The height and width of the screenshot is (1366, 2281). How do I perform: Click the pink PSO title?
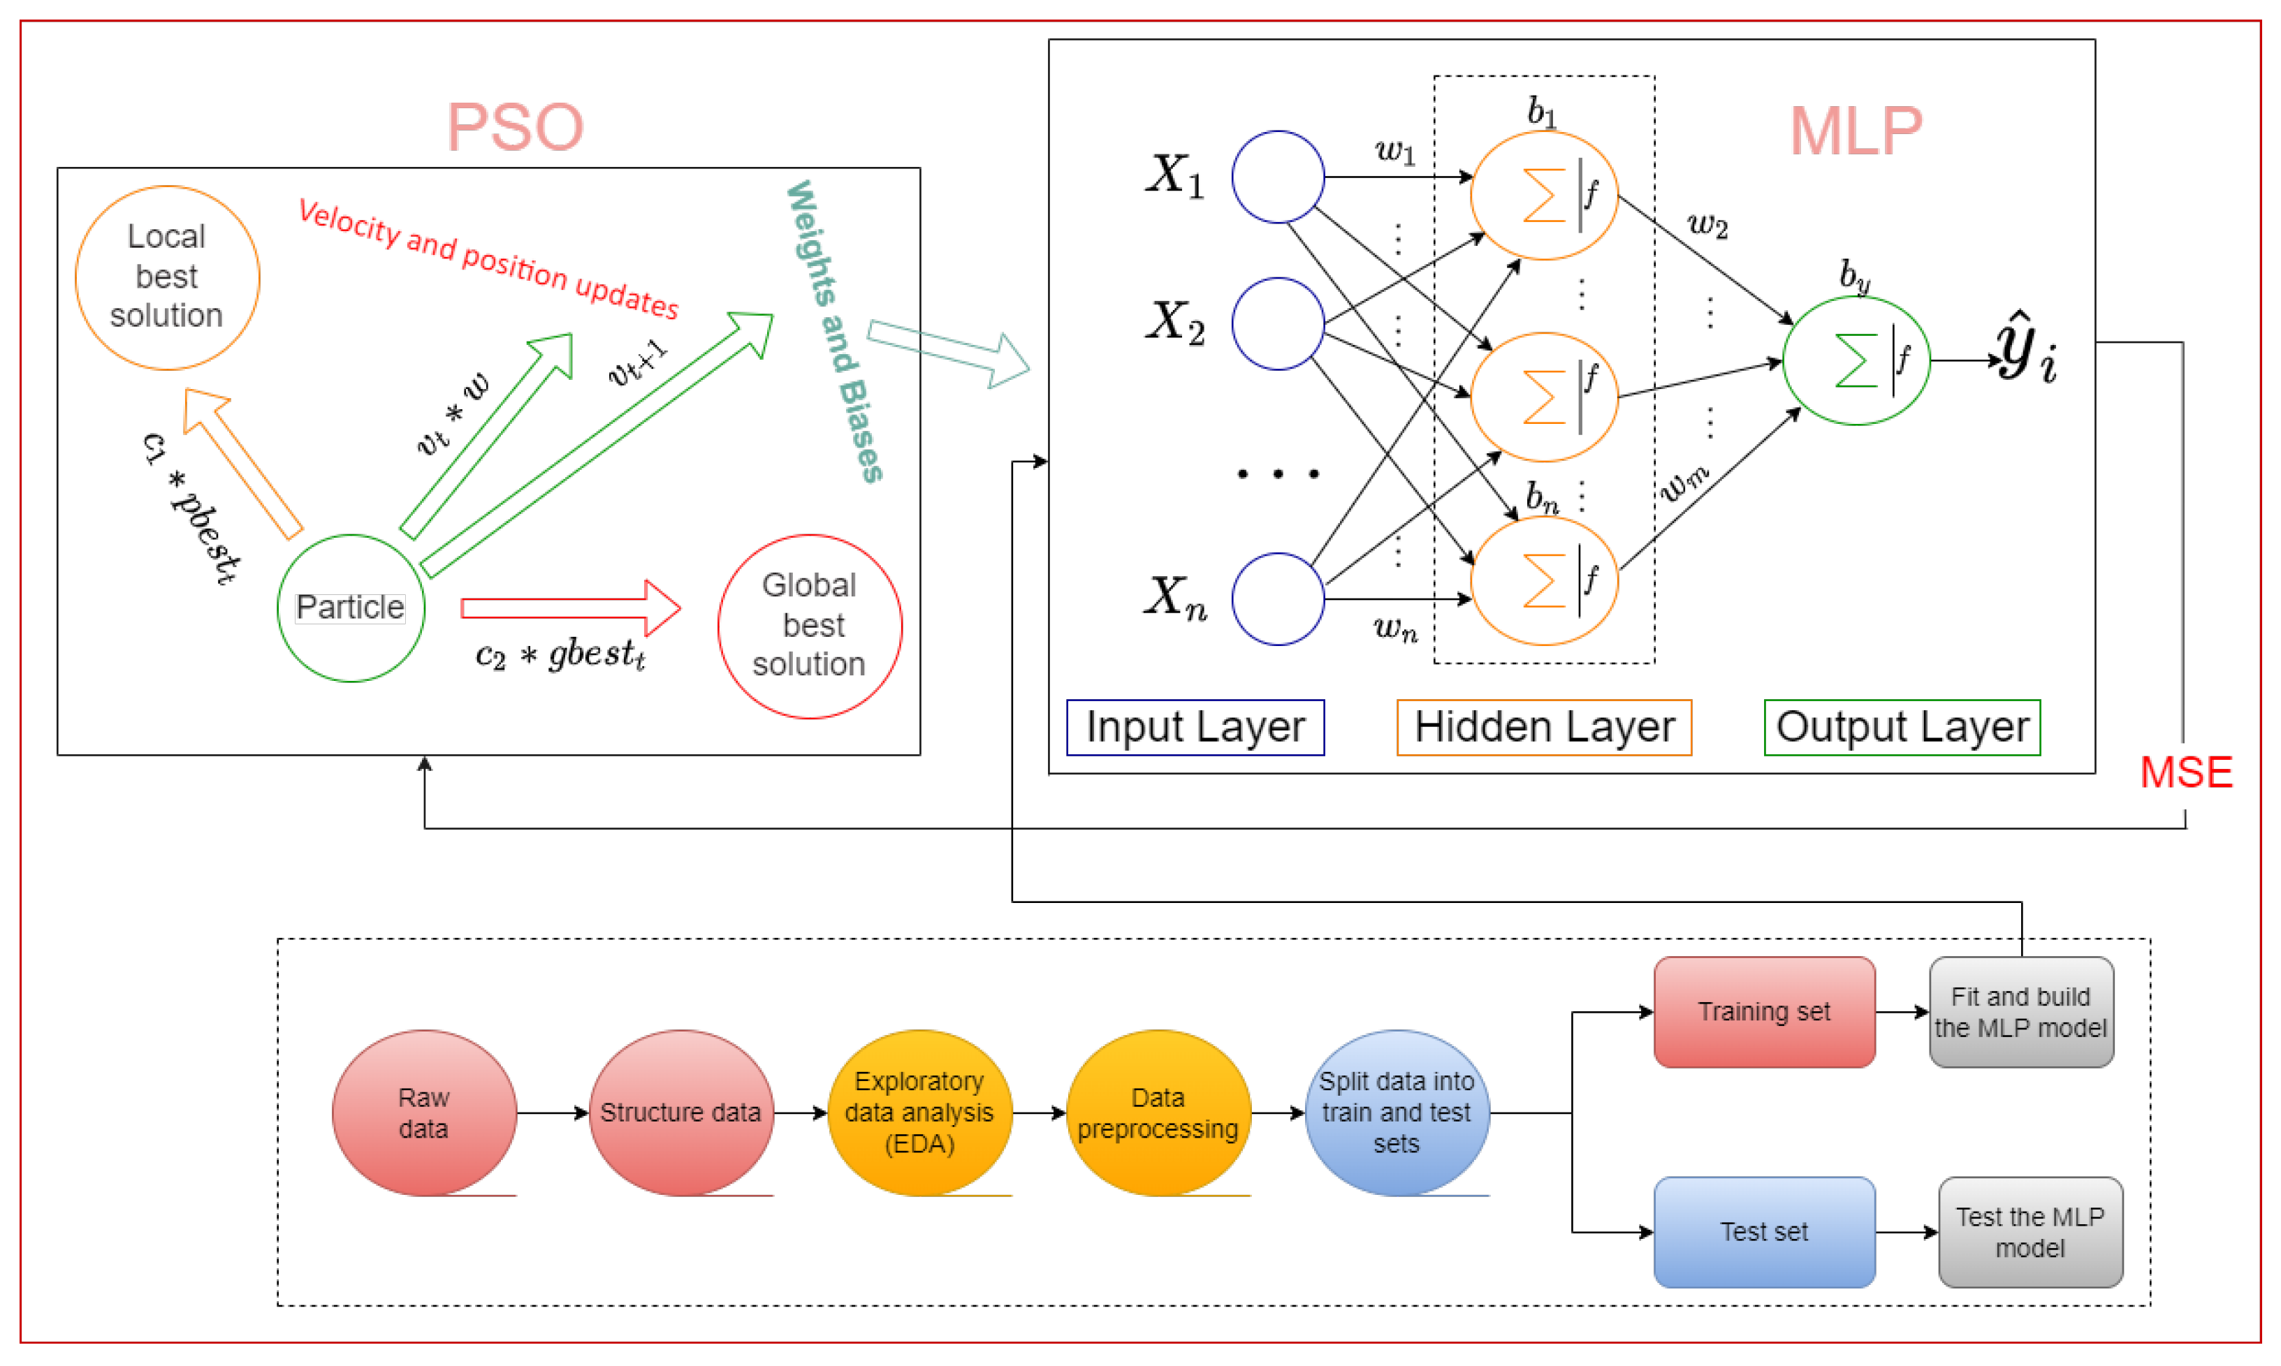515,127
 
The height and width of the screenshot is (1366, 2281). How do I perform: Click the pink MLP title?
1855,131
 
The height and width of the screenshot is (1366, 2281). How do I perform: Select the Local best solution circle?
167,277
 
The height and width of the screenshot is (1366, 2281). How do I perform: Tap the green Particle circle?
350,608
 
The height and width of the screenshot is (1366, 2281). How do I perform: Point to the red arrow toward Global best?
571,608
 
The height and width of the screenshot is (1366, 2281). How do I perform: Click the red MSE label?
2185,772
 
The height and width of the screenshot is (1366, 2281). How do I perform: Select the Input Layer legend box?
1195,727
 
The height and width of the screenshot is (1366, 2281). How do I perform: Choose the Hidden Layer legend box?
1543,727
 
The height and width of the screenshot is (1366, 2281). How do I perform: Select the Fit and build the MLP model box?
2020,1012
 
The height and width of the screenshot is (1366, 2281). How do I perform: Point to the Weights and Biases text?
833,332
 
